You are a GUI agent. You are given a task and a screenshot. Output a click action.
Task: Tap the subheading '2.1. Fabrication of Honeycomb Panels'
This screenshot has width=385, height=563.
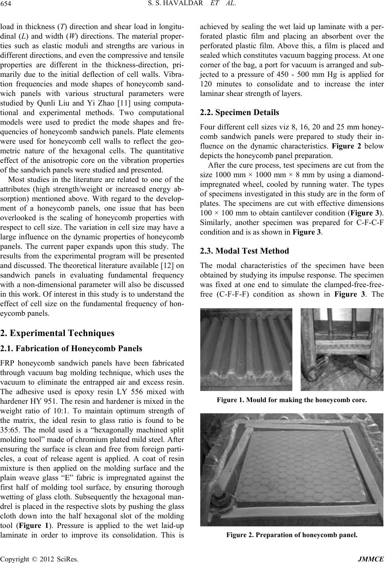pyautogui.click(x=71, y=349)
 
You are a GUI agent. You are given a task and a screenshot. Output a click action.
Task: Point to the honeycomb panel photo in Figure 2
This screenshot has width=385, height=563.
pyautogui.click(x=291, y=469)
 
